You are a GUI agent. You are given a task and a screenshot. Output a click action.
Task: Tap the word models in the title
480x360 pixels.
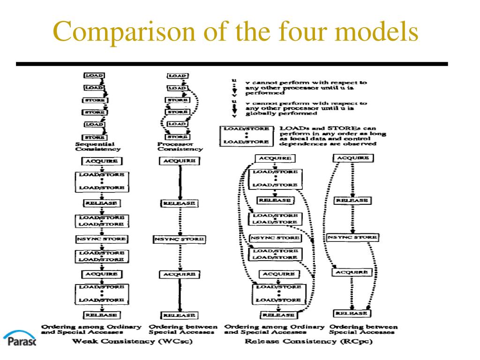click(380, 32)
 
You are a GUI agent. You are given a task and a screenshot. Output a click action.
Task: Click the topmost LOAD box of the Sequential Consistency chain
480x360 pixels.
click(94, 75)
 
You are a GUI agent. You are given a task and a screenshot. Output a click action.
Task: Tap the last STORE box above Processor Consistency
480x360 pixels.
click(179, 136)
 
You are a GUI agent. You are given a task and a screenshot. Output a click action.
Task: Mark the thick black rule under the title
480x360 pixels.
click(232, 64)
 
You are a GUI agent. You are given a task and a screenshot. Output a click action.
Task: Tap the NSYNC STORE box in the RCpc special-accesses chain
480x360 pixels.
click(352, 238)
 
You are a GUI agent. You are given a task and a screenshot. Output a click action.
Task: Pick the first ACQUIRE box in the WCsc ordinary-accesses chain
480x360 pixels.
click(101, 161)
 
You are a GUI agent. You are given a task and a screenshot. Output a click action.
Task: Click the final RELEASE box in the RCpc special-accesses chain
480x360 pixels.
click(352, 313)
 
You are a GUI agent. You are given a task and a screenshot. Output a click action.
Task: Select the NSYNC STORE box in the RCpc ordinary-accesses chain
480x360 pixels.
click(275, 238)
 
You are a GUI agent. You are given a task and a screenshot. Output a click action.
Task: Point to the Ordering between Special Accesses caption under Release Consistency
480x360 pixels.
click(363, 329)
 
